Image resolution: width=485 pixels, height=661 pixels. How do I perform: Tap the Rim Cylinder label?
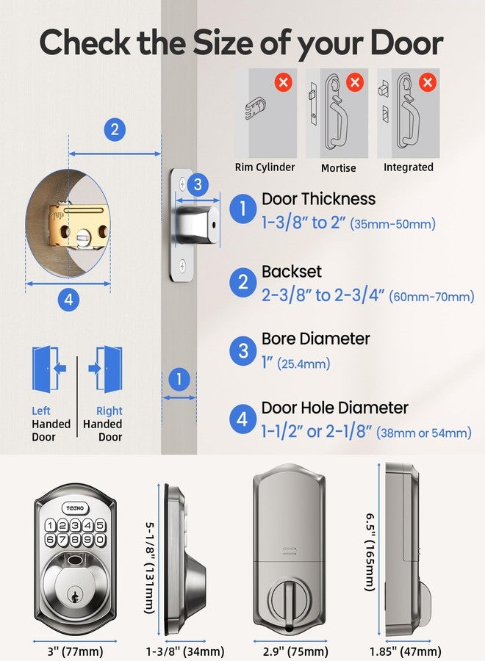point(265,167)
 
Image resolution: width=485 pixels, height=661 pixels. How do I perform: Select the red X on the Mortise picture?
point(355,82)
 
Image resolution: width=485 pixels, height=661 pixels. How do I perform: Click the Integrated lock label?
point(408,167)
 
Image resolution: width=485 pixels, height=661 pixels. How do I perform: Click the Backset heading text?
point(292,272)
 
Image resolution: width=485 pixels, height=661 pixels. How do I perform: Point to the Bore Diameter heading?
point(315,339)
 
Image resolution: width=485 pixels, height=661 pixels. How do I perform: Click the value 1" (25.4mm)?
point(295,364)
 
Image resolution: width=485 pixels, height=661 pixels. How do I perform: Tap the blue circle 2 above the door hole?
point(114,130)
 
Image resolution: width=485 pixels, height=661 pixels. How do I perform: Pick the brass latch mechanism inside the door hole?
point(77,229)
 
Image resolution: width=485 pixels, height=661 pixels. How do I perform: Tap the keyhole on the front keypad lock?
point(72,592)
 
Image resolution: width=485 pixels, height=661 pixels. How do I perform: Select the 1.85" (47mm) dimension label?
point(405,651)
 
